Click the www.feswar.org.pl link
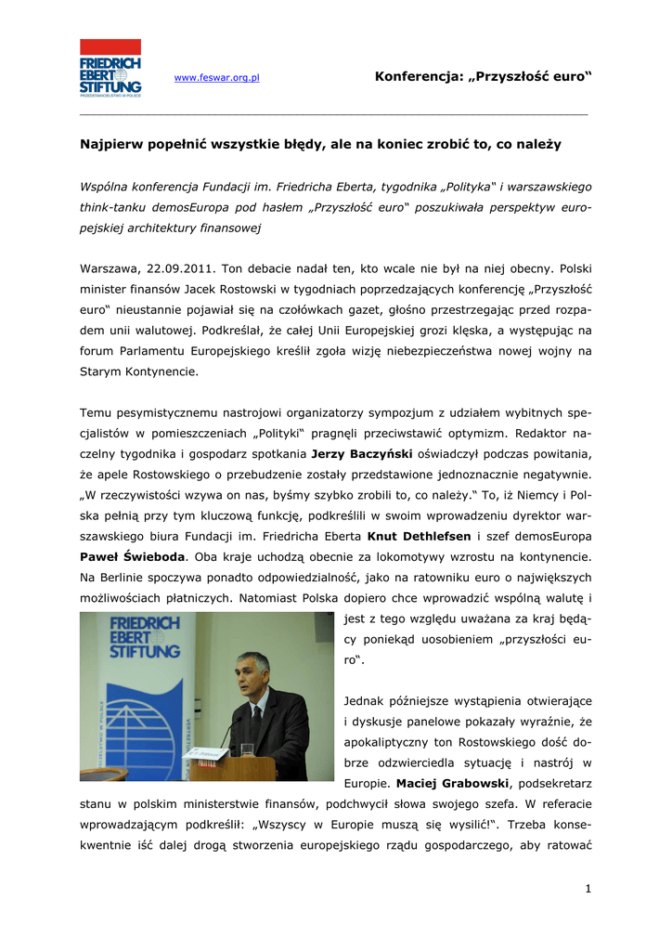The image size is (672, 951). tap(217, 78)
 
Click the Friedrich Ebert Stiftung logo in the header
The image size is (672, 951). tap(110, 68)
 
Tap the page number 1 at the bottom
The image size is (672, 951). tap(588, 889)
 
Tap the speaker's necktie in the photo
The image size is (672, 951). tap(257, 720)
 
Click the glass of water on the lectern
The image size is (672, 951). tap(247, 749)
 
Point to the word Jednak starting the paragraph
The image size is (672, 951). tap(365, 700)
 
